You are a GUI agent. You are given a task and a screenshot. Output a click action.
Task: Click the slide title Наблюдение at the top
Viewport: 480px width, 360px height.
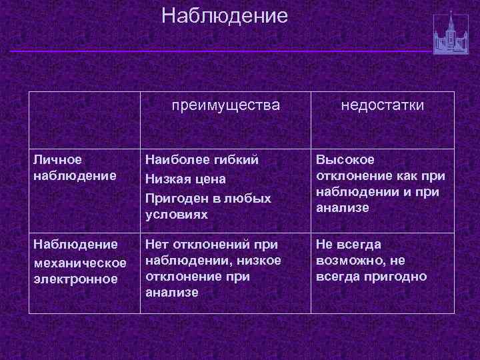coord(225,15)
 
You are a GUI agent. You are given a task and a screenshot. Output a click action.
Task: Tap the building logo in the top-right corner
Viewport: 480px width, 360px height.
coord(451,33)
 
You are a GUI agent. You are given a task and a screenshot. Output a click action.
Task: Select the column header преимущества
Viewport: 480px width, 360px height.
coord(225,106)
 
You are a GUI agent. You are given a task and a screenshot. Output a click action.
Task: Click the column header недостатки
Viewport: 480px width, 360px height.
coord(383,106)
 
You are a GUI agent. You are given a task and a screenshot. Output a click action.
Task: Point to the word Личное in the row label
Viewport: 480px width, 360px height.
coord(57,160)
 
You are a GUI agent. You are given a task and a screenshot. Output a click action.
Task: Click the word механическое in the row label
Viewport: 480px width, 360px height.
coord(79,262)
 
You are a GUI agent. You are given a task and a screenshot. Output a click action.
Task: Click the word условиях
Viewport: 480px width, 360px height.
coord(177,215)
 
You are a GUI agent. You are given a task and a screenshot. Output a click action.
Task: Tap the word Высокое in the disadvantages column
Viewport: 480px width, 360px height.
coord(345,160)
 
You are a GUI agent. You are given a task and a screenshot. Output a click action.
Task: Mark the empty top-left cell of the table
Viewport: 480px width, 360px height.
coord(84,119)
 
